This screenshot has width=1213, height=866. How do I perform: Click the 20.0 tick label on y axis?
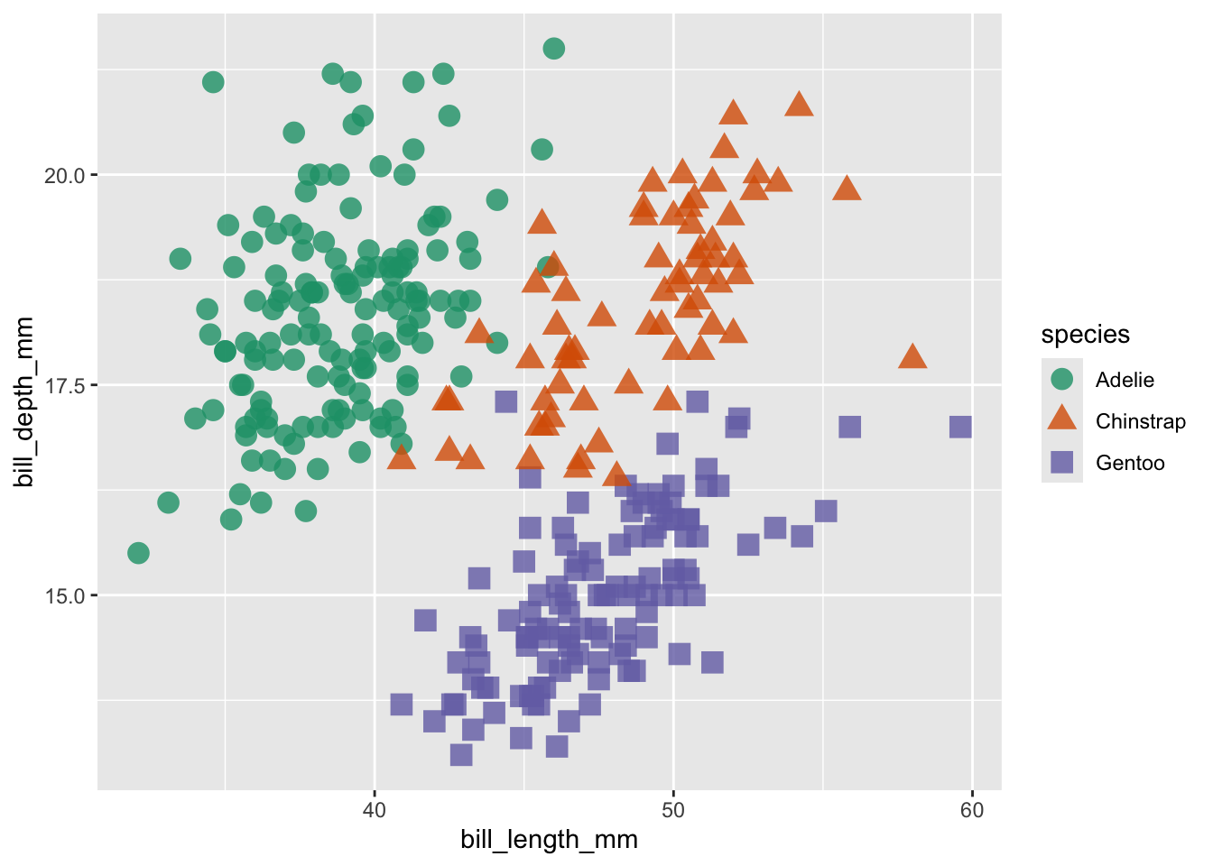64,175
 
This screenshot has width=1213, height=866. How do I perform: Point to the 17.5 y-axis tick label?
64,385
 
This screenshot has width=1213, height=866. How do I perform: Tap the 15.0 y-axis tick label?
64,596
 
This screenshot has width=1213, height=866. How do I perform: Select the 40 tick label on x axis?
374,810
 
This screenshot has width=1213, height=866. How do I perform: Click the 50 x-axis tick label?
673,810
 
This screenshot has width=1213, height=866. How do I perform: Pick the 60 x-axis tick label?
972,810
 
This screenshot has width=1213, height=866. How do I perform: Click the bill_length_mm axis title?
549,840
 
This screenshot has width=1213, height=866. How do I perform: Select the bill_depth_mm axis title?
24,402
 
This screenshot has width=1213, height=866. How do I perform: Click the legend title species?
1085,335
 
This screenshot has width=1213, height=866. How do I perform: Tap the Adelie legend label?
1125,380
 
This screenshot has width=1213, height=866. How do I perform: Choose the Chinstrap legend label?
1140,421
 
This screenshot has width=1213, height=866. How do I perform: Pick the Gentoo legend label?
1130,463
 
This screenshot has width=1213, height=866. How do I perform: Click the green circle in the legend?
1062,380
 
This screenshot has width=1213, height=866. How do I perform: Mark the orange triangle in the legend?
1062,419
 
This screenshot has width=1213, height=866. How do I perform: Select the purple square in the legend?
1062,463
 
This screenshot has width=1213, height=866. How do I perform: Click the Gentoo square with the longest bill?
960,427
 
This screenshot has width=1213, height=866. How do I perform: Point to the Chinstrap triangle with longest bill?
912,357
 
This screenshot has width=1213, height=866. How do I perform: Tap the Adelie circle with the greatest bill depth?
554,49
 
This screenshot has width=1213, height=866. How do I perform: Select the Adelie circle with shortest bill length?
138,553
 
